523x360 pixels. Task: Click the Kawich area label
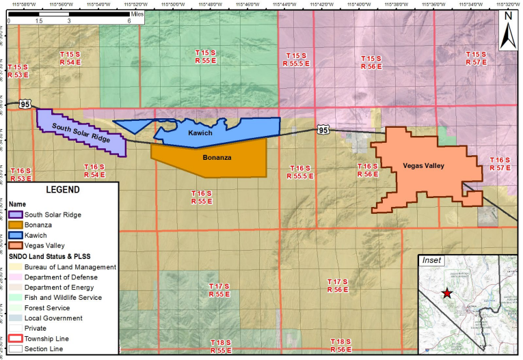pyautogui.click(x=200, y=133)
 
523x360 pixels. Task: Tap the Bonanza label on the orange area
pyautogui.click(x=217, y=157)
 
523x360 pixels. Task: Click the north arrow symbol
pyautogui.click(x=508, y=31)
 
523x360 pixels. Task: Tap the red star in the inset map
pyautogui.click(x=446, y=293)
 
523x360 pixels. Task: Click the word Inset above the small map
pyautogui.click(x=432, y=260)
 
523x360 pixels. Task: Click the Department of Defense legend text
pyautogui.click(x=60, y=277)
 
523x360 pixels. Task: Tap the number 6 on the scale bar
pyautogui.click(x=129, y=20)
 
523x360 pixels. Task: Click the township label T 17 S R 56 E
pyautogui.click(x=337, y=286)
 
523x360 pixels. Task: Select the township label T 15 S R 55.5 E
pyautogui.click(x=296, y=59)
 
